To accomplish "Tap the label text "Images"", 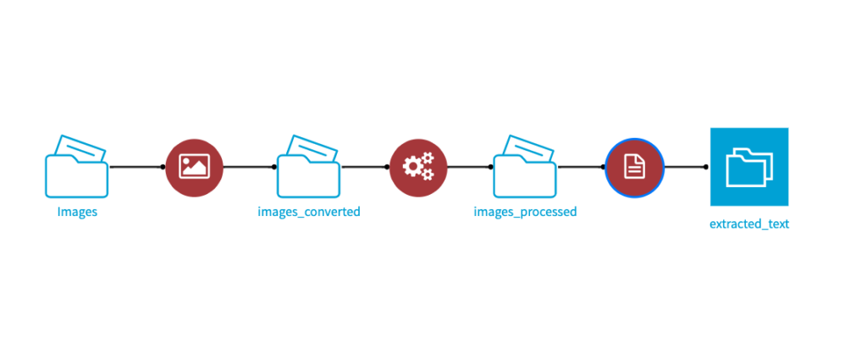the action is click(x=77, y=212).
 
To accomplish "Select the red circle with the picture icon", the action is click(x=194, y=167).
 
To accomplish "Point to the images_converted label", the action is click(x=309, y=212).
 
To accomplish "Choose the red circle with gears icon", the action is click(x=418, y=167).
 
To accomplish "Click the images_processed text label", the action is click(x=525, y=212).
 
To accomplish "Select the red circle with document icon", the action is click(x=634, y=167).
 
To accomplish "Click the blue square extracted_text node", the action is click(x=749, y=167).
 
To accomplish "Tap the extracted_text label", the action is click(x=749, y=224).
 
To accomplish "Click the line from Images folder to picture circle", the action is click(x=136, y=167).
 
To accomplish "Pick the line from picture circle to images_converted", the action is click(x=249, y=167).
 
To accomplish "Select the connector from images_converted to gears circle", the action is click(x=365, y=167).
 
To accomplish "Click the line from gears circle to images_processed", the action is click(x=469, y=167).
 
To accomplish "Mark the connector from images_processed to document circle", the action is click(x=581, y=167).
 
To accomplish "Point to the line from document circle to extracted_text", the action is click(x=685, y=167).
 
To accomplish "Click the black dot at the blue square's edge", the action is click(x=706, y=167).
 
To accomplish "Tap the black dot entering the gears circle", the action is click(x=388, y=167).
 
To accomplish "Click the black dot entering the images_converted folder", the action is click(x=274, y=167).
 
